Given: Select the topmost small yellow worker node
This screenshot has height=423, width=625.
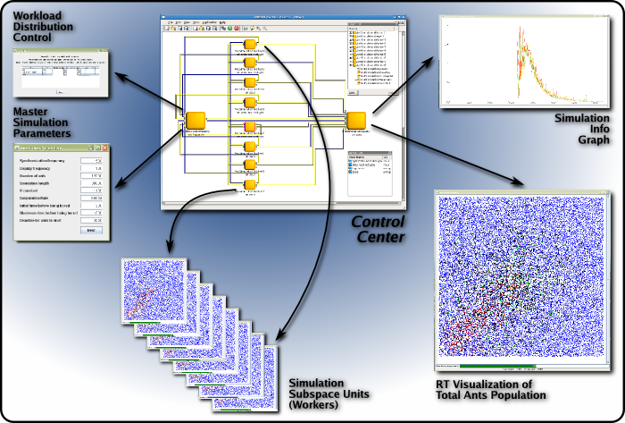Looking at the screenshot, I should click(x=250, y=46).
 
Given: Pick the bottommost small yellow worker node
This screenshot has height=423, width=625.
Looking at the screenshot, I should click(x=250, y=185).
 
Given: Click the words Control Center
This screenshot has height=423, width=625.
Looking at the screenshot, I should click(x=379, y=229).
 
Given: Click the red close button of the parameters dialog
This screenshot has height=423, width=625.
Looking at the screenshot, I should click(x=103, y=148).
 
